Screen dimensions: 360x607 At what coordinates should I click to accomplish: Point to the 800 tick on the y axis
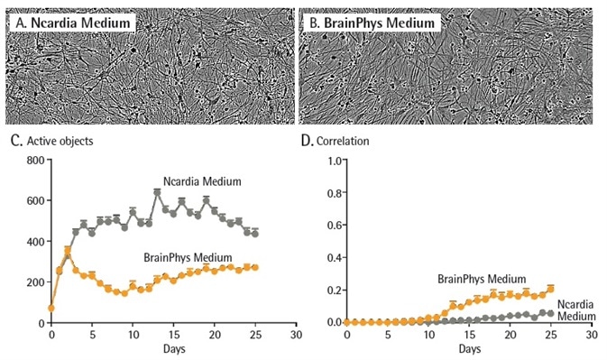(x=35, y=161)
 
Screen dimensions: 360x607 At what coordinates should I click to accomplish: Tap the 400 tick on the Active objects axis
(x=35, y=242)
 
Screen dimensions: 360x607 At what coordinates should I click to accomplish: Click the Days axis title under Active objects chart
(x=173, y=347)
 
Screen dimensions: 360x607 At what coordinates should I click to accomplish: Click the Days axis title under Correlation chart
(x=468, y=347)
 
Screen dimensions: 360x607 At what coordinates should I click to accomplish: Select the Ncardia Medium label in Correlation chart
(x=577, y=309)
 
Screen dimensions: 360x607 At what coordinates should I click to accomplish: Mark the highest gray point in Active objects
(x=157, y=191)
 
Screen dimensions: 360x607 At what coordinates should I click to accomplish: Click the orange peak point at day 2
(x=68, y=250)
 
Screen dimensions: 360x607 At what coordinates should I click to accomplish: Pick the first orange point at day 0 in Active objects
(x=51, y=308)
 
